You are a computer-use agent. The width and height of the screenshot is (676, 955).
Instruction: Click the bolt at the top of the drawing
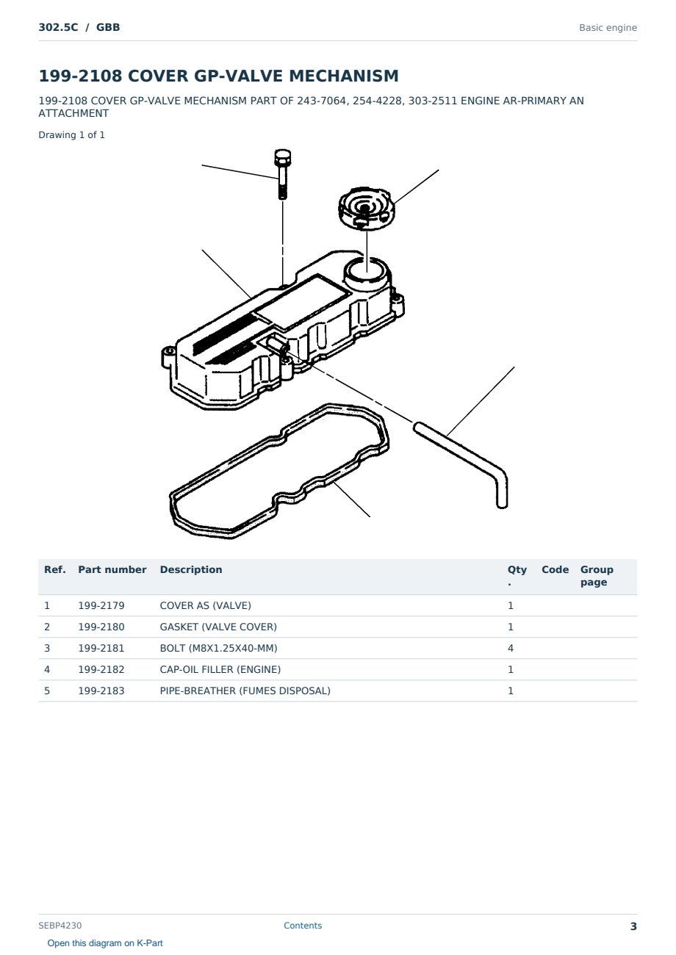[282, 174]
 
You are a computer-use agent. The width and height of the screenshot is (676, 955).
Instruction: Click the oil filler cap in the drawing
[367, 208]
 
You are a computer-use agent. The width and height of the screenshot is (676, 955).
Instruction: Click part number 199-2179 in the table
[101, 605]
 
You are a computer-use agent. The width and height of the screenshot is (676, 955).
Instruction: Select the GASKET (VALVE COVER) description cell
[218, 627]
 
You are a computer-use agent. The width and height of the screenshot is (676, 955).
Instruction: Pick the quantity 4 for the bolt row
[511, 648]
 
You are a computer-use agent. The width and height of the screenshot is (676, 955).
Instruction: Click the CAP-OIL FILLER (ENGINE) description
[220, 669]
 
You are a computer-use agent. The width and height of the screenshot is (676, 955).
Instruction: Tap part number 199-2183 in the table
[101, 691]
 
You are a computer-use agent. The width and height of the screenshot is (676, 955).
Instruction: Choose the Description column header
[190, 569]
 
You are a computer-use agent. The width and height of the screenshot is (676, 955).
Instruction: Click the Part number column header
[112, 569]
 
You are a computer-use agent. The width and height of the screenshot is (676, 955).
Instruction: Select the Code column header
[555, 569]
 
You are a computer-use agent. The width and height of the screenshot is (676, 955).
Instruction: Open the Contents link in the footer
[303, 926]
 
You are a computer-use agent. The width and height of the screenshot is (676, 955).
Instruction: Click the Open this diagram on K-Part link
[105, 943]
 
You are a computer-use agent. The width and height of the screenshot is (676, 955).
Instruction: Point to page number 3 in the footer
[633, 926]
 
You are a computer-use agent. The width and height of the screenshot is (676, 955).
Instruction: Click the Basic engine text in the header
[608, 28]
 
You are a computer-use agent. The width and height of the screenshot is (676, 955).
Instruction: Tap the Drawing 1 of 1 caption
[72, 135]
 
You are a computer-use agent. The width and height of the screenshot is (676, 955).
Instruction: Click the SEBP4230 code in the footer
[60, 926]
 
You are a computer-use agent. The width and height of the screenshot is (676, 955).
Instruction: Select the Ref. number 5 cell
[47, 691]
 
